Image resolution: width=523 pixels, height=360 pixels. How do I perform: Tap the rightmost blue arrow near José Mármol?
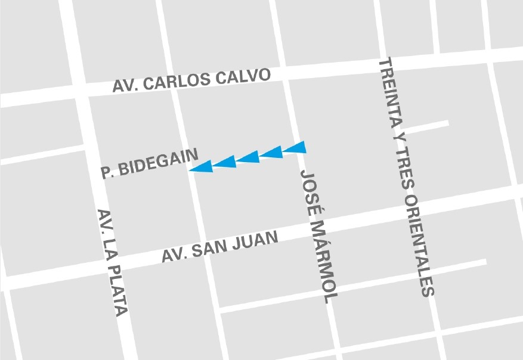click(x=294, y=147)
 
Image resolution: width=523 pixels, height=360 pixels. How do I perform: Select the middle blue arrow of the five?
click(x=247, y=157)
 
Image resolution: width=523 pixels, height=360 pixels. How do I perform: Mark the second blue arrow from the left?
click(x=225, y=162)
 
